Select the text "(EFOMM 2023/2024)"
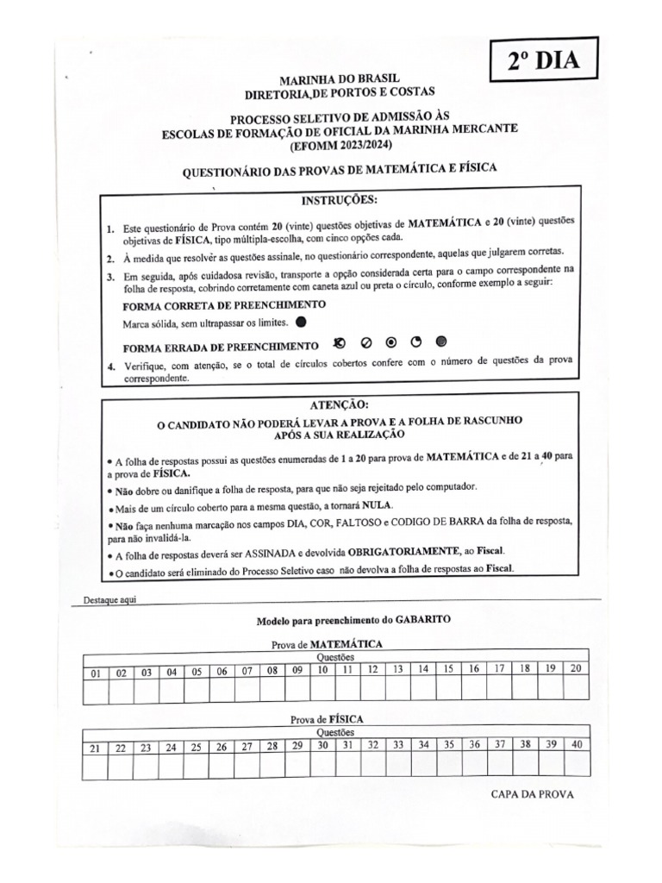pyautogui.click(x=340, y=145)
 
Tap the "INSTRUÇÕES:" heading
pyautogui.click(x=340, y=201)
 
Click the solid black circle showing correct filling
pyautogui.click(x=300, y=323)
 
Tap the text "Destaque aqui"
pyautogui.click(x=110, y=599)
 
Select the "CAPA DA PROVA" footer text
pyautogui.click(x=531, y=794)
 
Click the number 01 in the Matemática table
pyautogui.click(x=96, y=672)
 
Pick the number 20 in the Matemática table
pyautogui.click(x=577, y=668)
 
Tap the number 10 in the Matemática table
pyautogui.click(x=322, y=669)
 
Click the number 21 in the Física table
pyautogui.click(x=96, y=748)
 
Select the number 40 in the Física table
pyautogui.click(x=577, y=744)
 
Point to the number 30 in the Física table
pyautogui.click(x=322, y=745)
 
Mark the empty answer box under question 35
pyautogui.click(x=448, y=764)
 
